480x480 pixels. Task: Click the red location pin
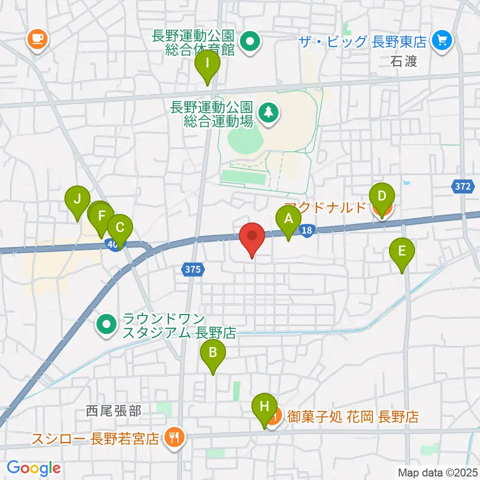click(252, 236)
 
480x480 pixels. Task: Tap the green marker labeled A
click(288, 219)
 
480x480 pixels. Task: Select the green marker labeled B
click(212, 353)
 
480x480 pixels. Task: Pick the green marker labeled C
click(120, 227)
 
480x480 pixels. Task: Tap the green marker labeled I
click(207, 64)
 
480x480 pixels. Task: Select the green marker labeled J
click(77, 199)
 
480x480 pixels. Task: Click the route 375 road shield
click(191, 269)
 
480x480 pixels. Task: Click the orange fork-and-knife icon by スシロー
click(174, 438)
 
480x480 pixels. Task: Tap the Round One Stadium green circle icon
click(106, 325)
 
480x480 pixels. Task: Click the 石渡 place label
click(404, 62)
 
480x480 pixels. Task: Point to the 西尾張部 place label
click(113, 411)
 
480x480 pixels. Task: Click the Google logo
click(33, 468)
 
